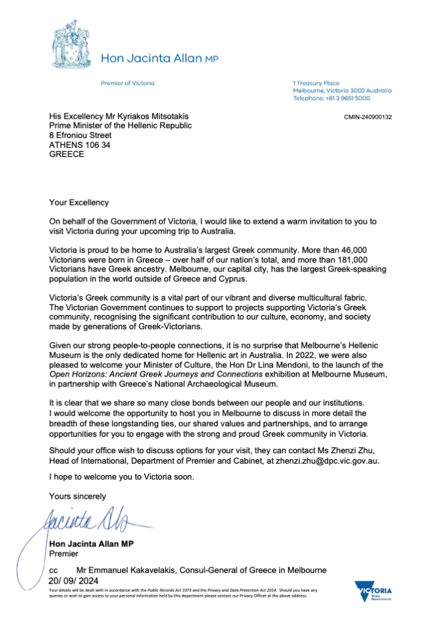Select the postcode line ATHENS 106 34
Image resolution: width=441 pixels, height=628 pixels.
[80, 145]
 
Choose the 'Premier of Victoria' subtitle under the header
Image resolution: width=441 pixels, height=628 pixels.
[127, 83]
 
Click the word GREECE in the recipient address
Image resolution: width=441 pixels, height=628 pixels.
[66, 155]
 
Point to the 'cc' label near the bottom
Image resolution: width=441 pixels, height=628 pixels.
[53, 570]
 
